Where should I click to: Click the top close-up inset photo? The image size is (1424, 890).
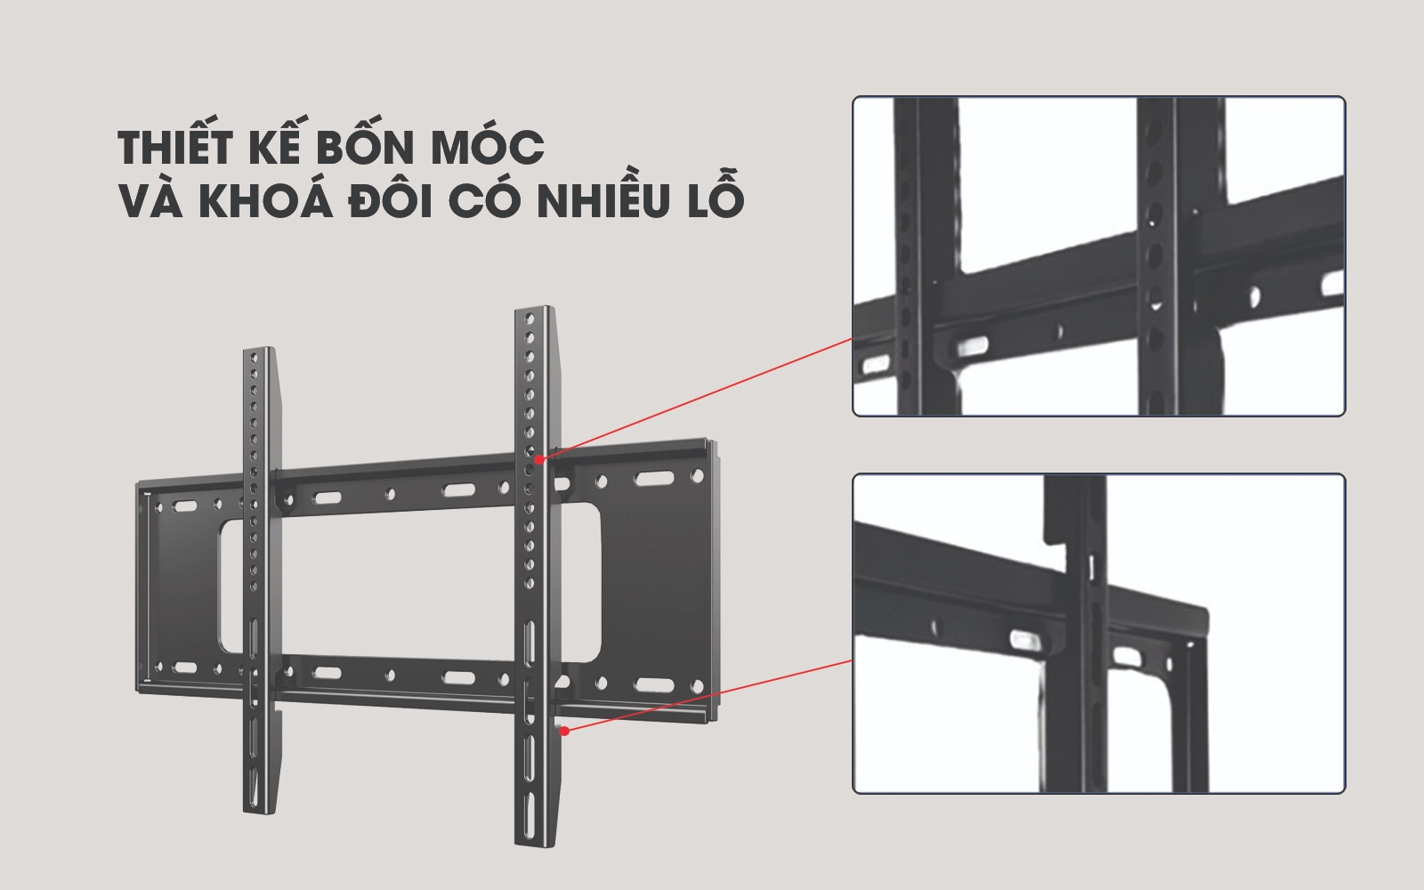1099,256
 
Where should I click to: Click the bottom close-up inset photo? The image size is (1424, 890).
1099,634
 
